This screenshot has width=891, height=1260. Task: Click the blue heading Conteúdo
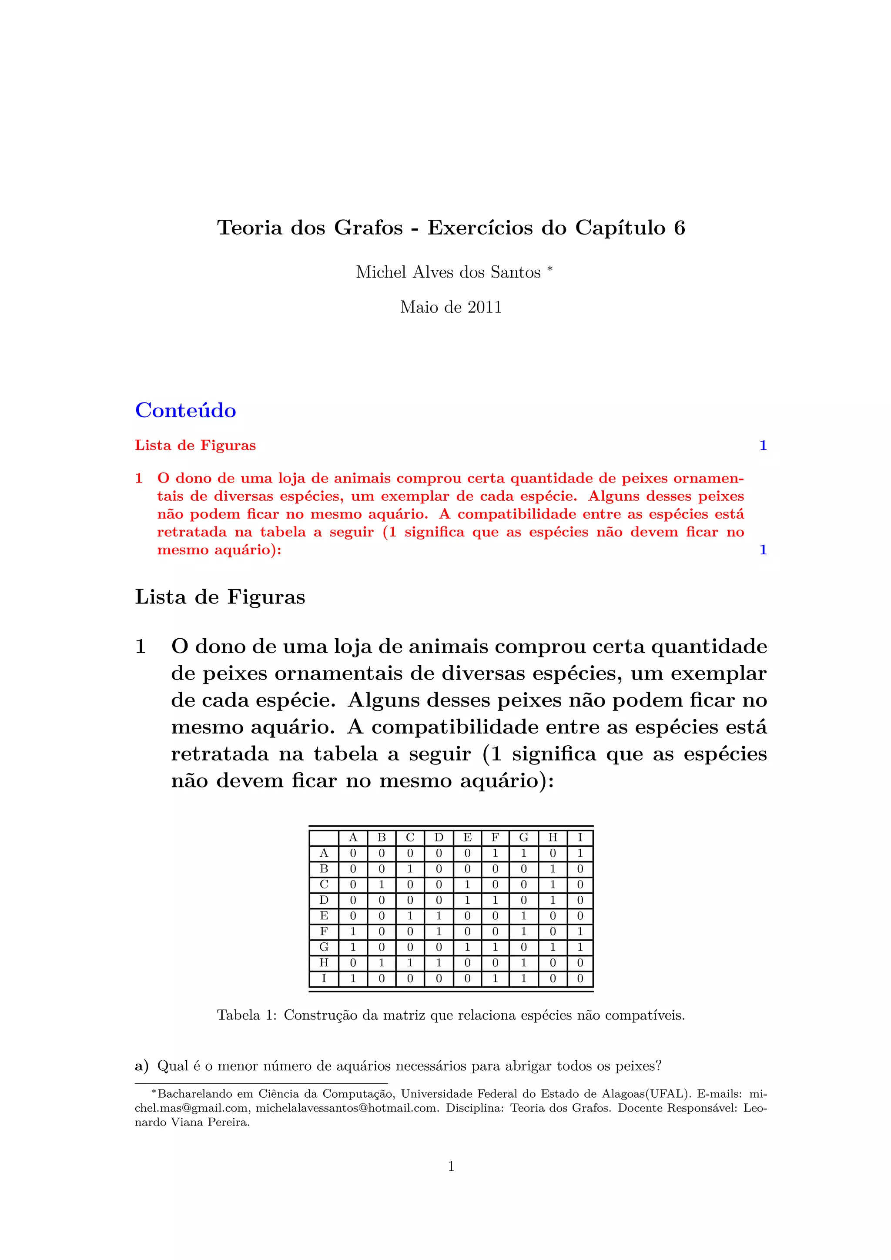pos(185,410)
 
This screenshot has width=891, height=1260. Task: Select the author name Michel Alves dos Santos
pos(448,272)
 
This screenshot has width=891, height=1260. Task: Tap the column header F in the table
pos(495,838)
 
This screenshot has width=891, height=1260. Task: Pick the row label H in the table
pos(324,962)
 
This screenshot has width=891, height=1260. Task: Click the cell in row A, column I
pos(580,853)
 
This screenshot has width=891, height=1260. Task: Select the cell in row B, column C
pos(410,869)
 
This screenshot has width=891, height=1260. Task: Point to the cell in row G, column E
pos(467,947)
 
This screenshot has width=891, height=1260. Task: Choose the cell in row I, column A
pos(353,979)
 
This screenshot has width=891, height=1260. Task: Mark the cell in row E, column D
pos(439,916)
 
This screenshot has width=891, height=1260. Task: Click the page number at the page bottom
pos(451,1167)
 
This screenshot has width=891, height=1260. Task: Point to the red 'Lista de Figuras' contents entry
pos(195,445)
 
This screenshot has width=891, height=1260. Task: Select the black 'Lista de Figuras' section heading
pos(220,597)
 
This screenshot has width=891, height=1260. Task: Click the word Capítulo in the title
pos(620,228)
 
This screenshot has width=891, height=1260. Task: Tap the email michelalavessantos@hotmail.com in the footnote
pos(347,1108)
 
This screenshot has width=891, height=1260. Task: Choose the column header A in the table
pos(353,838)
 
